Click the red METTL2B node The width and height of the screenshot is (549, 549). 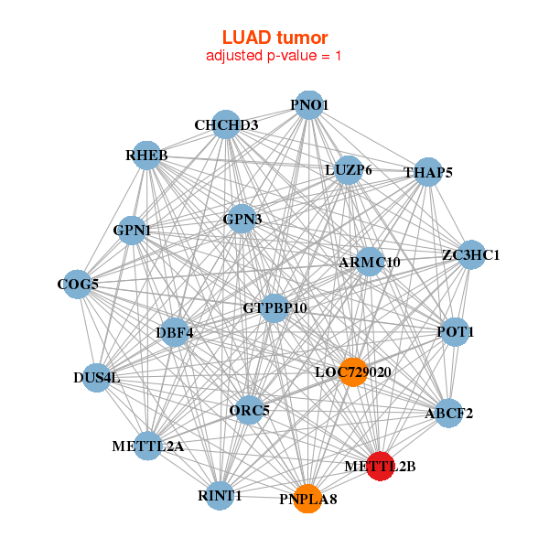point(380,466)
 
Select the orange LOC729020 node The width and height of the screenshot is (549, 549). point(353,371)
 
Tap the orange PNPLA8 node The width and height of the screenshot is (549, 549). point(308,499)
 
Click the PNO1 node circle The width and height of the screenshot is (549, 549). point(309,105)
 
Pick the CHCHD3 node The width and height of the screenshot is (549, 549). point(226,124)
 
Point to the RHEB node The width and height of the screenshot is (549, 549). point(147,156)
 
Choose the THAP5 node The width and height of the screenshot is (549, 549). point(428,172)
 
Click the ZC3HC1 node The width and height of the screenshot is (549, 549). point(470,254)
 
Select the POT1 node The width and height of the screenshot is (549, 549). point(456,332)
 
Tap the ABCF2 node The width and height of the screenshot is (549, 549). point(448,413)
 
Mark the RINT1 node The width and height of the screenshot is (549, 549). point(220,495)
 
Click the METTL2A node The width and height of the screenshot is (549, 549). point(148,447)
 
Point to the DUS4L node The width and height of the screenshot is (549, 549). point(97,377)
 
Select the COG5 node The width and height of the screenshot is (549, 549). point(78,285)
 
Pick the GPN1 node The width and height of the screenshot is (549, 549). point(132,231)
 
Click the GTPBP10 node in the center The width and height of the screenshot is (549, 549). point(274,307)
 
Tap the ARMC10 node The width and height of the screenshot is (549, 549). point(370,262)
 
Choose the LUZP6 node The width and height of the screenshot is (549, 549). point(349,170)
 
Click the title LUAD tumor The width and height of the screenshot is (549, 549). point(274,37)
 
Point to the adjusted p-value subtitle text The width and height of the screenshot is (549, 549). point(274,56)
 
